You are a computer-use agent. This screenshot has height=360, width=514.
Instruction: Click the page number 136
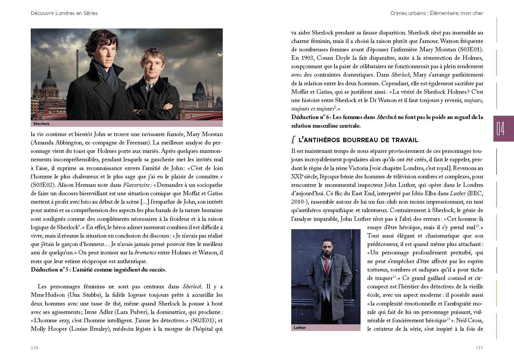[35, 348]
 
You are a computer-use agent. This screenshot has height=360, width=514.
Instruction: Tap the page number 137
[479, 348]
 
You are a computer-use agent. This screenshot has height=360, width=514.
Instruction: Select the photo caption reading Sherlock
[41, 124]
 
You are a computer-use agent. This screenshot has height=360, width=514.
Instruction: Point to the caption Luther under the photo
[300, 328]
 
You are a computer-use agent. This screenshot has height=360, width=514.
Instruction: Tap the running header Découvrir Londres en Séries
[64, 13]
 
